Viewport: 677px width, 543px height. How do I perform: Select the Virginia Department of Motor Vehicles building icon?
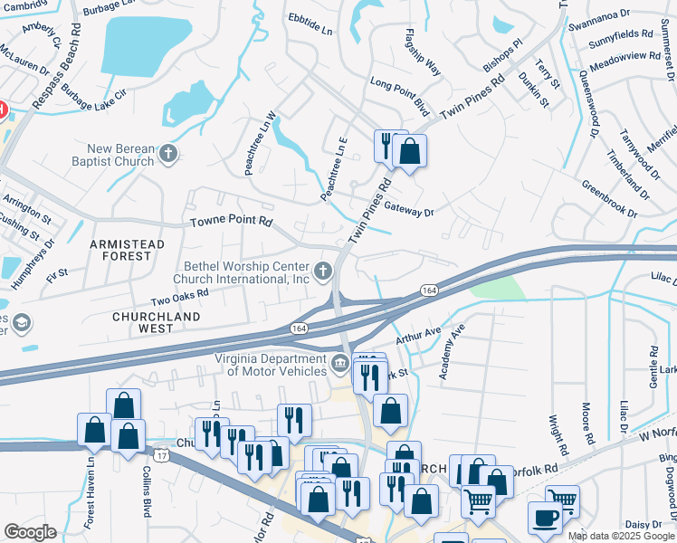[339, 364]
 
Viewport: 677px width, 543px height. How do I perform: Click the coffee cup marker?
[545, 518]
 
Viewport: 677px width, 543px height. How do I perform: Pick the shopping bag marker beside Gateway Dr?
[410, 151]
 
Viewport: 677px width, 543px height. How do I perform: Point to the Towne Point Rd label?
[231, 221]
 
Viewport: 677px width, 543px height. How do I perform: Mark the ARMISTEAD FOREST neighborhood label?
[127, 250]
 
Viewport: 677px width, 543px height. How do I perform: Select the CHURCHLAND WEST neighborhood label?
[142, 322]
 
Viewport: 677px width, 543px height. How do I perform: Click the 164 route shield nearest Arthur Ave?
[430, 290]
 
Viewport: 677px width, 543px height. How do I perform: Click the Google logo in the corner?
[30, 532]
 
